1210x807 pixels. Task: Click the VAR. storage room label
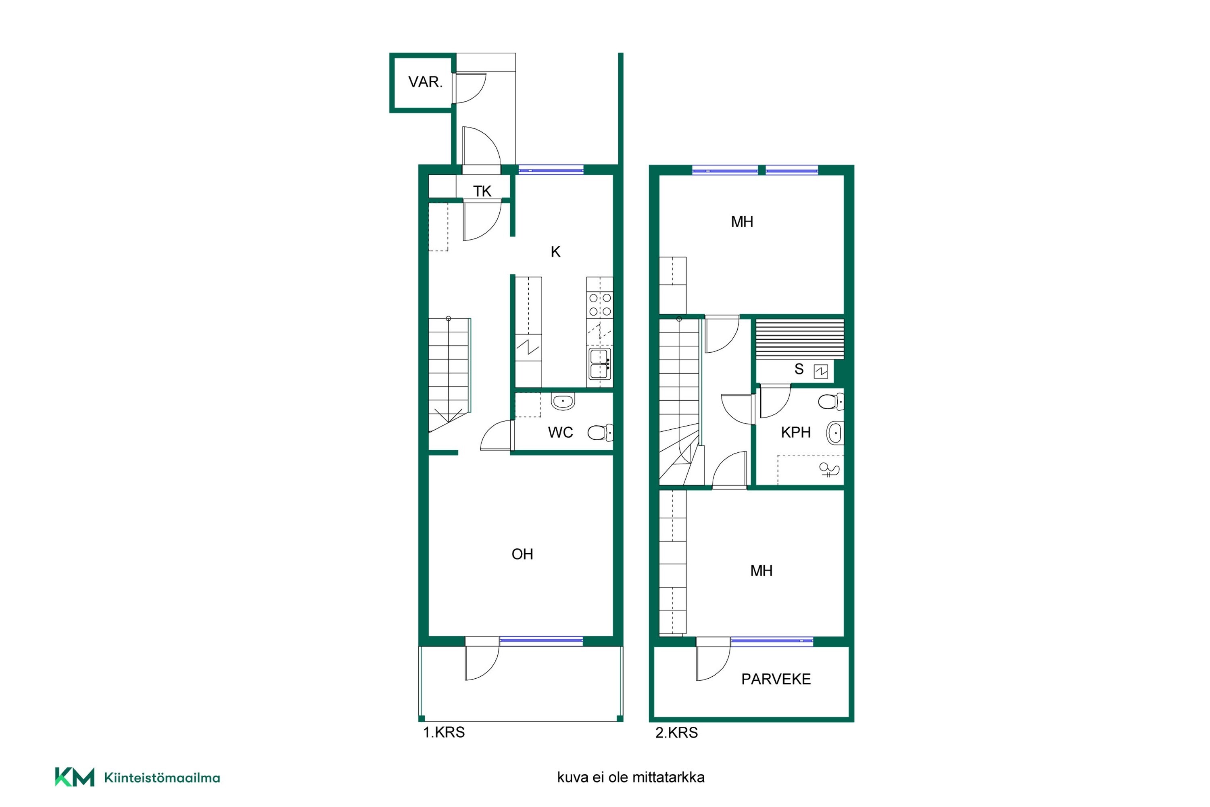[425, 82]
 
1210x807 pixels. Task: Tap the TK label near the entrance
[482, 191]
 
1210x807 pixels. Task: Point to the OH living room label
[522, 554]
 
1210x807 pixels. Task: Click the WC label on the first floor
[560, 432]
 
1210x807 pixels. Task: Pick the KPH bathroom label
[795, 432]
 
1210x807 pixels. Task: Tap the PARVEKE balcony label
[776, 679]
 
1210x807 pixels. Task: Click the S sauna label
[799, 369]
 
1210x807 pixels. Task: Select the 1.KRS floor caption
[443, 732]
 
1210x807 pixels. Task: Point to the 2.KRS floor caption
[676, 732]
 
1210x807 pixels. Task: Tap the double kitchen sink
[600, 364]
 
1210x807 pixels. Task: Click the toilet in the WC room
[601, 432]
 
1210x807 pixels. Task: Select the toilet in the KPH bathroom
[831, 401]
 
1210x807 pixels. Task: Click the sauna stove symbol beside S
[820, 371]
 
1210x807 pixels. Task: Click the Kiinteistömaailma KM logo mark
[75, 777]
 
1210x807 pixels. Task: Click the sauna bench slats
[799, 339]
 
